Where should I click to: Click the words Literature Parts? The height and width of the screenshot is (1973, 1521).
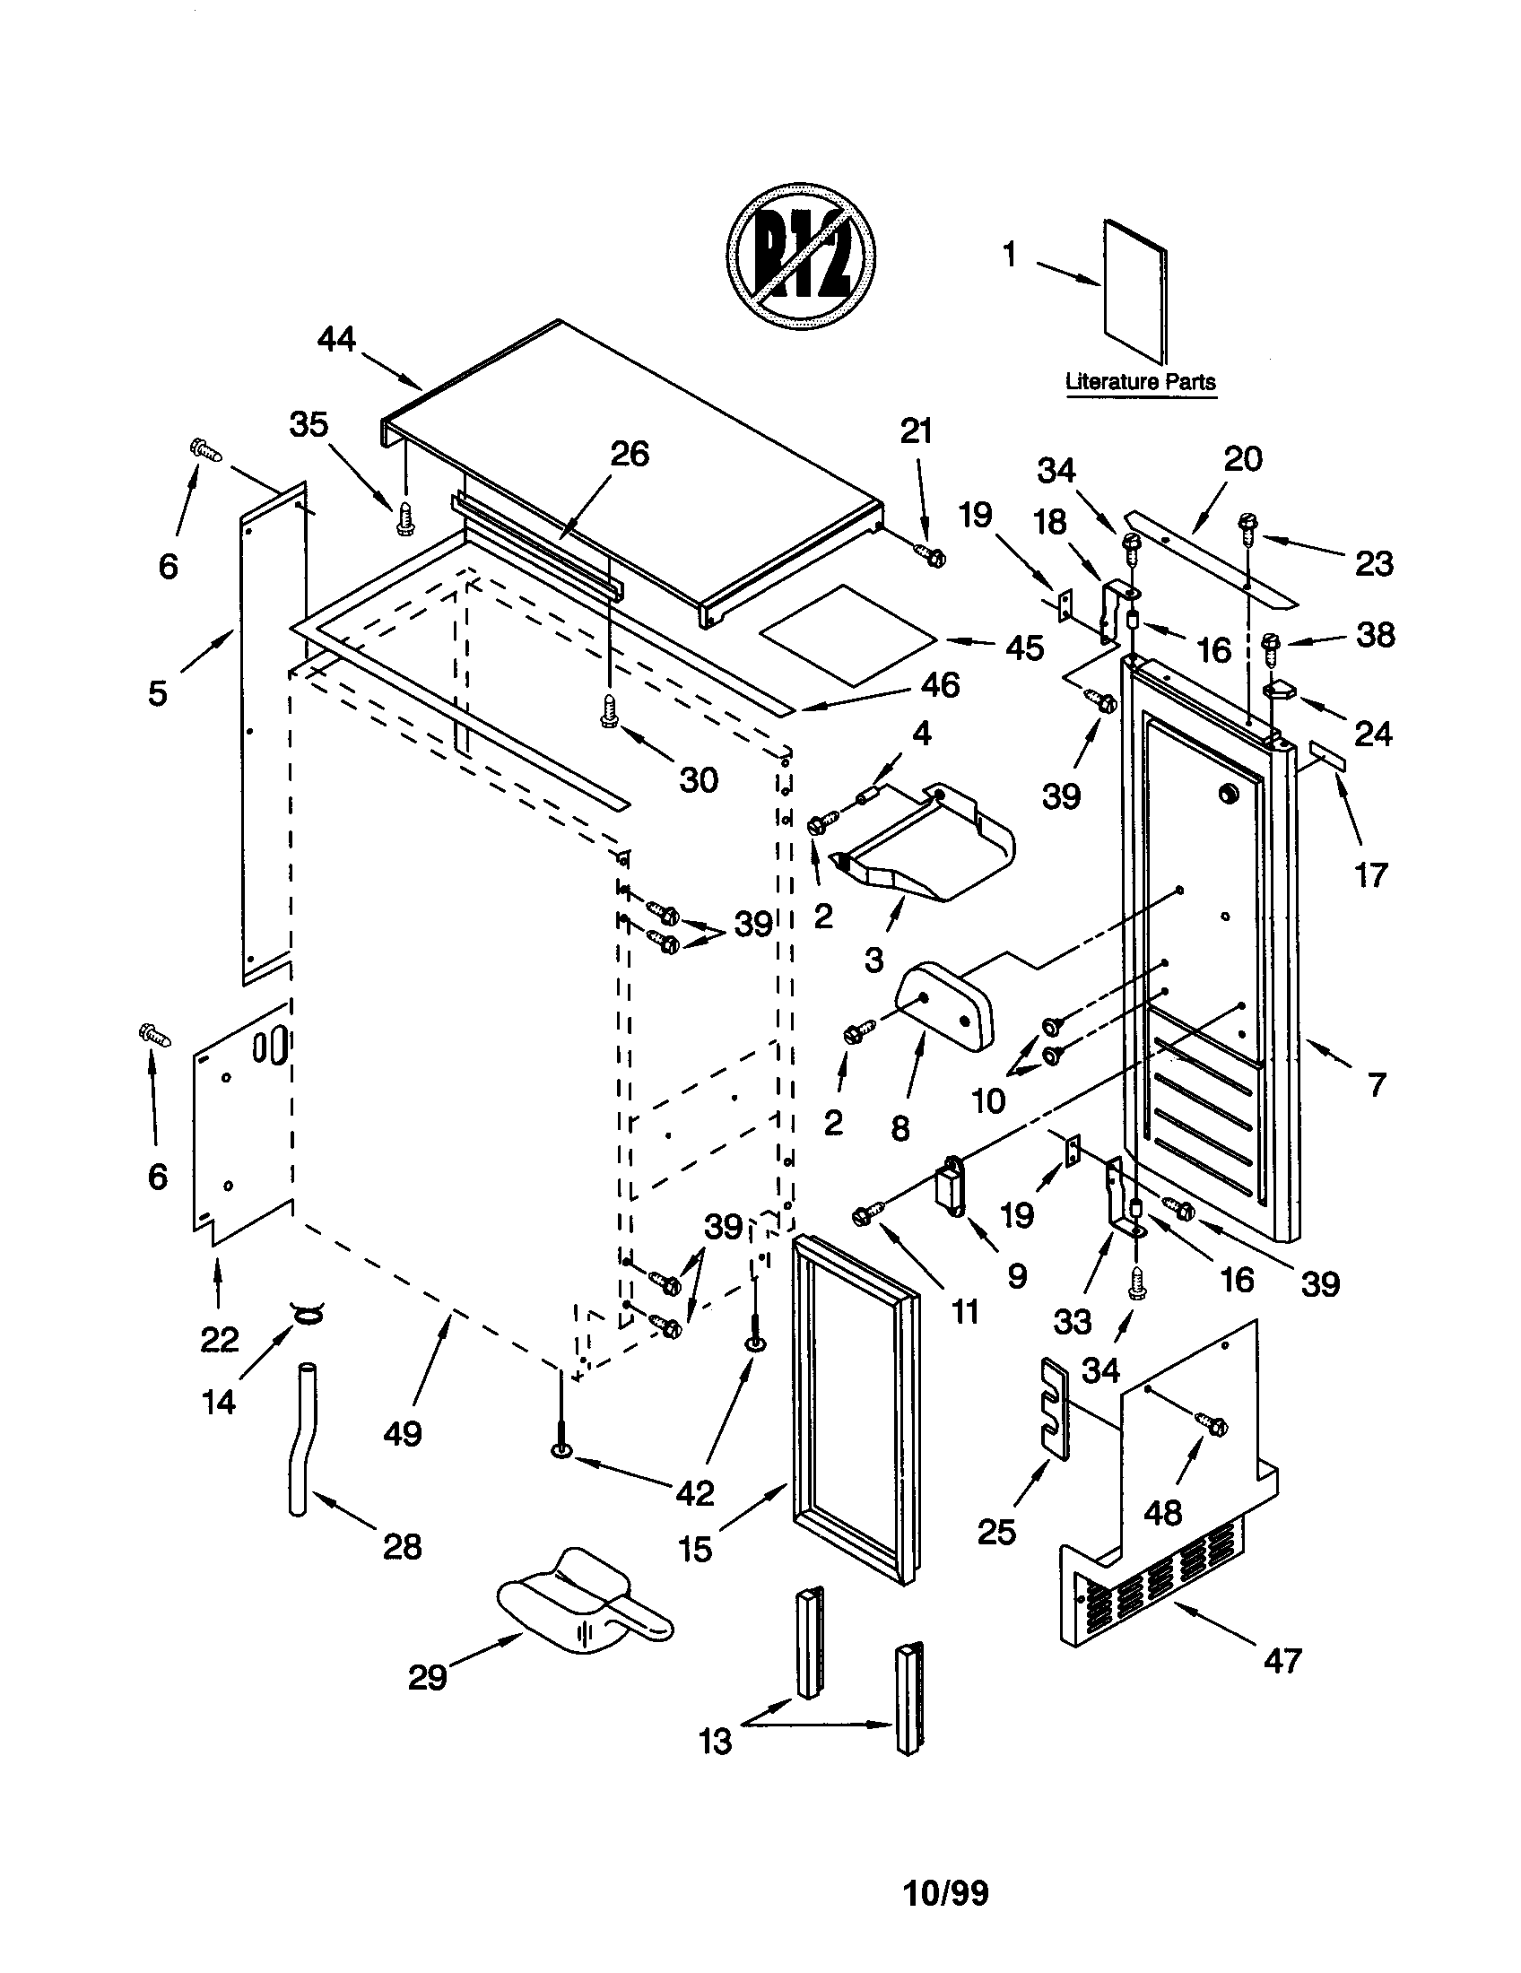pyautogui.click(x=1140, y=381)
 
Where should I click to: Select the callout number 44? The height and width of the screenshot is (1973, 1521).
pyautogui.click(x=336, y=340)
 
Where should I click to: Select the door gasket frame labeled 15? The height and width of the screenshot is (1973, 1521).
pyautogui.click(x=855, y=1413)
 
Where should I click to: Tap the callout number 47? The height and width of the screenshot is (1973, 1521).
pyautogui.click(x=1283, y=1660)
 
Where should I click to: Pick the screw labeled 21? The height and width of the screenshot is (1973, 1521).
pyautogui.click(x=929, y=556)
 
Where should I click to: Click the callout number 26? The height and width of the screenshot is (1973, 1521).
pyautogui.click(x=630, y=454)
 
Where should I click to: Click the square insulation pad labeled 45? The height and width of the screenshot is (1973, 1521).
pyautogui.click(x=846, y=632)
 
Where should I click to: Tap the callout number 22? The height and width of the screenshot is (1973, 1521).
pyautogui.click(x=219, y=1339)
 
